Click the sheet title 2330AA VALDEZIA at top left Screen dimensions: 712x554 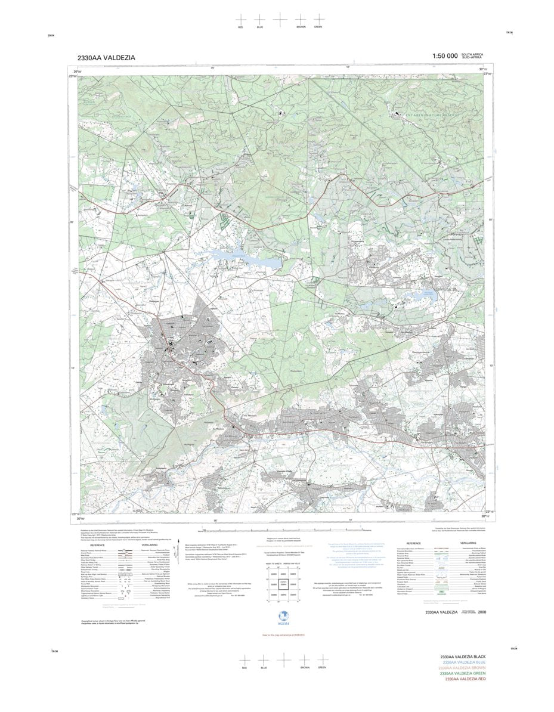point(106,58)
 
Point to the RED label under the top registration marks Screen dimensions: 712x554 point(240,27)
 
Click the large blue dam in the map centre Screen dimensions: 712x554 point(244,259)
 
